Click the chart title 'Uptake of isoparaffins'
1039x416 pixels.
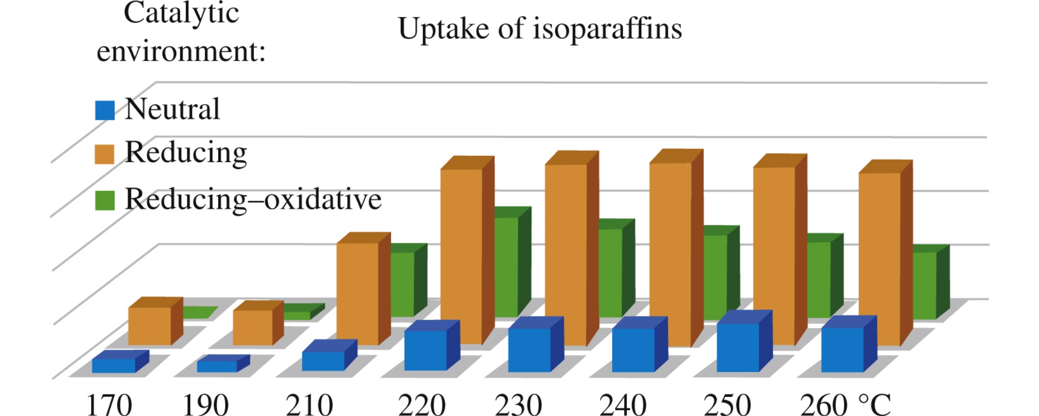coord(539,29)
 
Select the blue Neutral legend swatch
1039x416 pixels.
coord(104,111)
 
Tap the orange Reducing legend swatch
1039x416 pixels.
coord(104,154)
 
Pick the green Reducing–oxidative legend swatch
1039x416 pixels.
coord(104,200)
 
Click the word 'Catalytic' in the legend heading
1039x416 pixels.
coord(181,13)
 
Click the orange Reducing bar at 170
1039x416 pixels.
coord(150,326)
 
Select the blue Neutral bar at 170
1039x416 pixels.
coord(114,365)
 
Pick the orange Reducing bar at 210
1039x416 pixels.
coord(358,293)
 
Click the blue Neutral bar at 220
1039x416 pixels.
coord(425,350)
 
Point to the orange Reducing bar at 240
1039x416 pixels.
coord(670,254)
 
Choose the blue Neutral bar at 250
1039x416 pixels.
coord(738,347)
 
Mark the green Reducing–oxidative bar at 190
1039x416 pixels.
coord(297,315)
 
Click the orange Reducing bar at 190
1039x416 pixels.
coord(253,327)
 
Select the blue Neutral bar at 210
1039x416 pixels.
coord(323,361)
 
